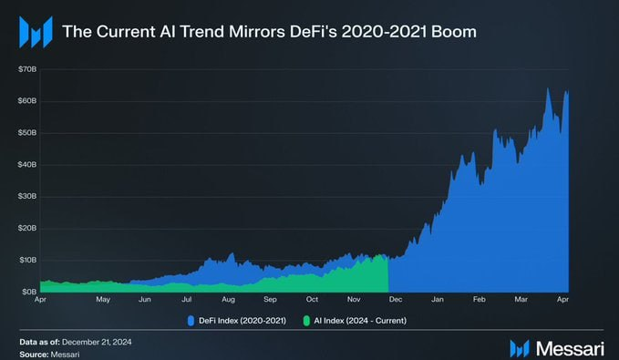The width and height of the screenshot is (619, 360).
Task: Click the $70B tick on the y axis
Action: point(26,69)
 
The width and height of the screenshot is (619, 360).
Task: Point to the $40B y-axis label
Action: point(26,165)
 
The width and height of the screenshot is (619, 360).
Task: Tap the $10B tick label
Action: point(26,260)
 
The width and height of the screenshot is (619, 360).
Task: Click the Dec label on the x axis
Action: point(395,299)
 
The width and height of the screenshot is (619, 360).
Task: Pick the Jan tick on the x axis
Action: point(438,299)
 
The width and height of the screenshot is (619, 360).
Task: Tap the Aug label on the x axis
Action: point(228,299)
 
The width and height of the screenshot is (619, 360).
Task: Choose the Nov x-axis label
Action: point(354,299)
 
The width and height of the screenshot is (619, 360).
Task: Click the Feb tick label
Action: point(480,299)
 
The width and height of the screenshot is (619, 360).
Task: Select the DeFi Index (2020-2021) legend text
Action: point(237,321)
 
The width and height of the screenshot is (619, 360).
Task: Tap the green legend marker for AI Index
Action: point(306,321)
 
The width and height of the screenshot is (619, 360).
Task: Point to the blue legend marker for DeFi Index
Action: point(190,321)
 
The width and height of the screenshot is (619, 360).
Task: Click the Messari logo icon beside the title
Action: point(35,34)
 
